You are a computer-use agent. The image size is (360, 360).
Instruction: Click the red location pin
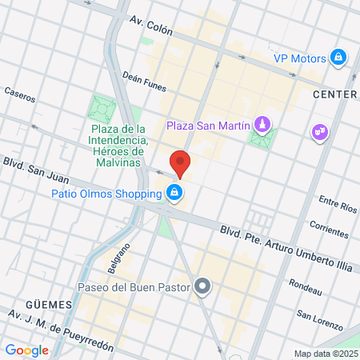[x=181, y=162]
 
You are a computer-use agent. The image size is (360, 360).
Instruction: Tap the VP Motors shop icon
[x=339, y=58]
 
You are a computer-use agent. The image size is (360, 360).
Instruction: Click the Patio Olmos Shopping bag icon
[x=174, y=193]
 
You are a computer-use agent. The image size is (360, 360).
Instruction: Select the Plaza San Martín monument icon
[x=261, y=125]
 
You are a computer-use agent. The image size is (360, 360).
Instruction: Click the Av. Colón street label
[x=150, y=29]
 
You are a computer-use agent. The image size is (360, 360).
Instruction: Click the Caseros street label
[x=19, y=96]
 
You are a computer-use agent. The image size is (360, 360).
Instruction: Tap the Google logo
[x=26, y=350]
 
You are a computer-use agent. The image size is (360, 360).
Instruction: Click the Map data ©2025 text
[x=326, y=354]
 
